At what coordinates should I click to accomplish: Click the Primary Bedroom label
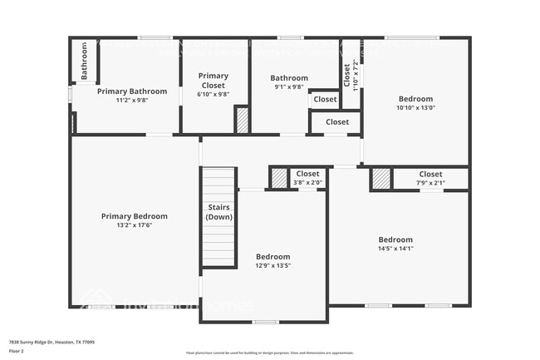pos(134,216)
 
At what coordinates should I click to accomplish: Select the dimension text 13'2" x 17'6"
pos(134,224)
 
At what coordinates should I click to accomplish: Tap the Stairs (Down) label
pos(218,212)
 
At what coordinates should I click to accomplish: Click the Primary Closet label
pos(214,81)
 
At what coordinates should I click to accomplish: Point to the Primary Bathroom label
pos(126,91)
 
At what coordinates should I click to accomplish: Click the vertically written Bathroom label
pos(84,62)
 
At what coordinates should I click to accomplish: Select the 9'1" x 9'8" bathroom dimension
pos(288,86)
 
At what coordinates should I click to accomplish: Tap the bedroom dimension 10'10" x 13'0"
pos(415,106)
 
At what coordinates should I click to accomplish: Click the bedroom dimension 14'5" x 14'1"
pos(395,248)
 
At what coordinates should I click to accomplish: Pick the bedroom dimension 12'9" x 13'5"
pos(272,265)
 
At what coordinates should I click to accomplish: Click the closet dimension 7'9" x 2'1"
pos(430,183)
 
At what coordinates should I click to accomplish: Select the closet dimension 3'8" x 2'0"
pos(307,182)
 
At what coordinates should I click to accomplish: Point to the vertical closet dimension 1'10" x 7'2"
pos(356,75)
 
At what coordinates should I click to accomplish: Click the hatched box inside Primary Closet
pos(242,121)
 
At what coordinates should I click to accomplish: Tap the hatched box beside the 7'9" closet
pos(380,179)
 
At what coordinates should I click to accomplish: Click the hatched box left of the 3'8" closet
pos(279,178)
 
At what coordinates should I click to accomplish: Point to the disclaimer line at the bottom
pos(270,353)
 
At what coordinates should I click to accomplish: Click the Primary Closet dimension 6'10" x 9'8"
pos(214,94)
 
